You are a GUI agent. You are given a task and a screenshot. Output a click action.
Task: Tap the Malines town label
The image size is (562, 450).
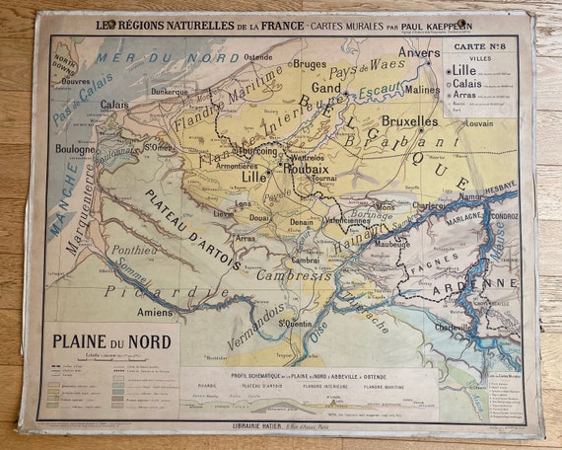click(x=423, y=89)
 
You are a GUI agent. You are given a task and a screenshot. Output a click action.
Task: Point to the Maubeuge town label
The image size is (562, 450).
click(x=392, y=242)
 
